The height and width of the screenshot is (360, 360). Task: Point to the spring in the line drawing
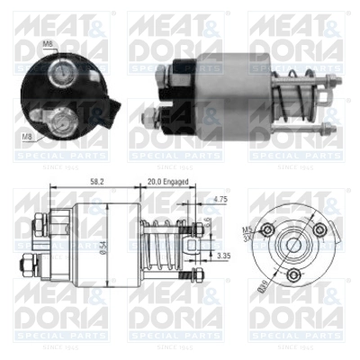coord(161,244)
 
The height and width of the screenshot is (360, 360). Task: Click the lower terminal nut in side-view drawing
coord(27,266)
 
